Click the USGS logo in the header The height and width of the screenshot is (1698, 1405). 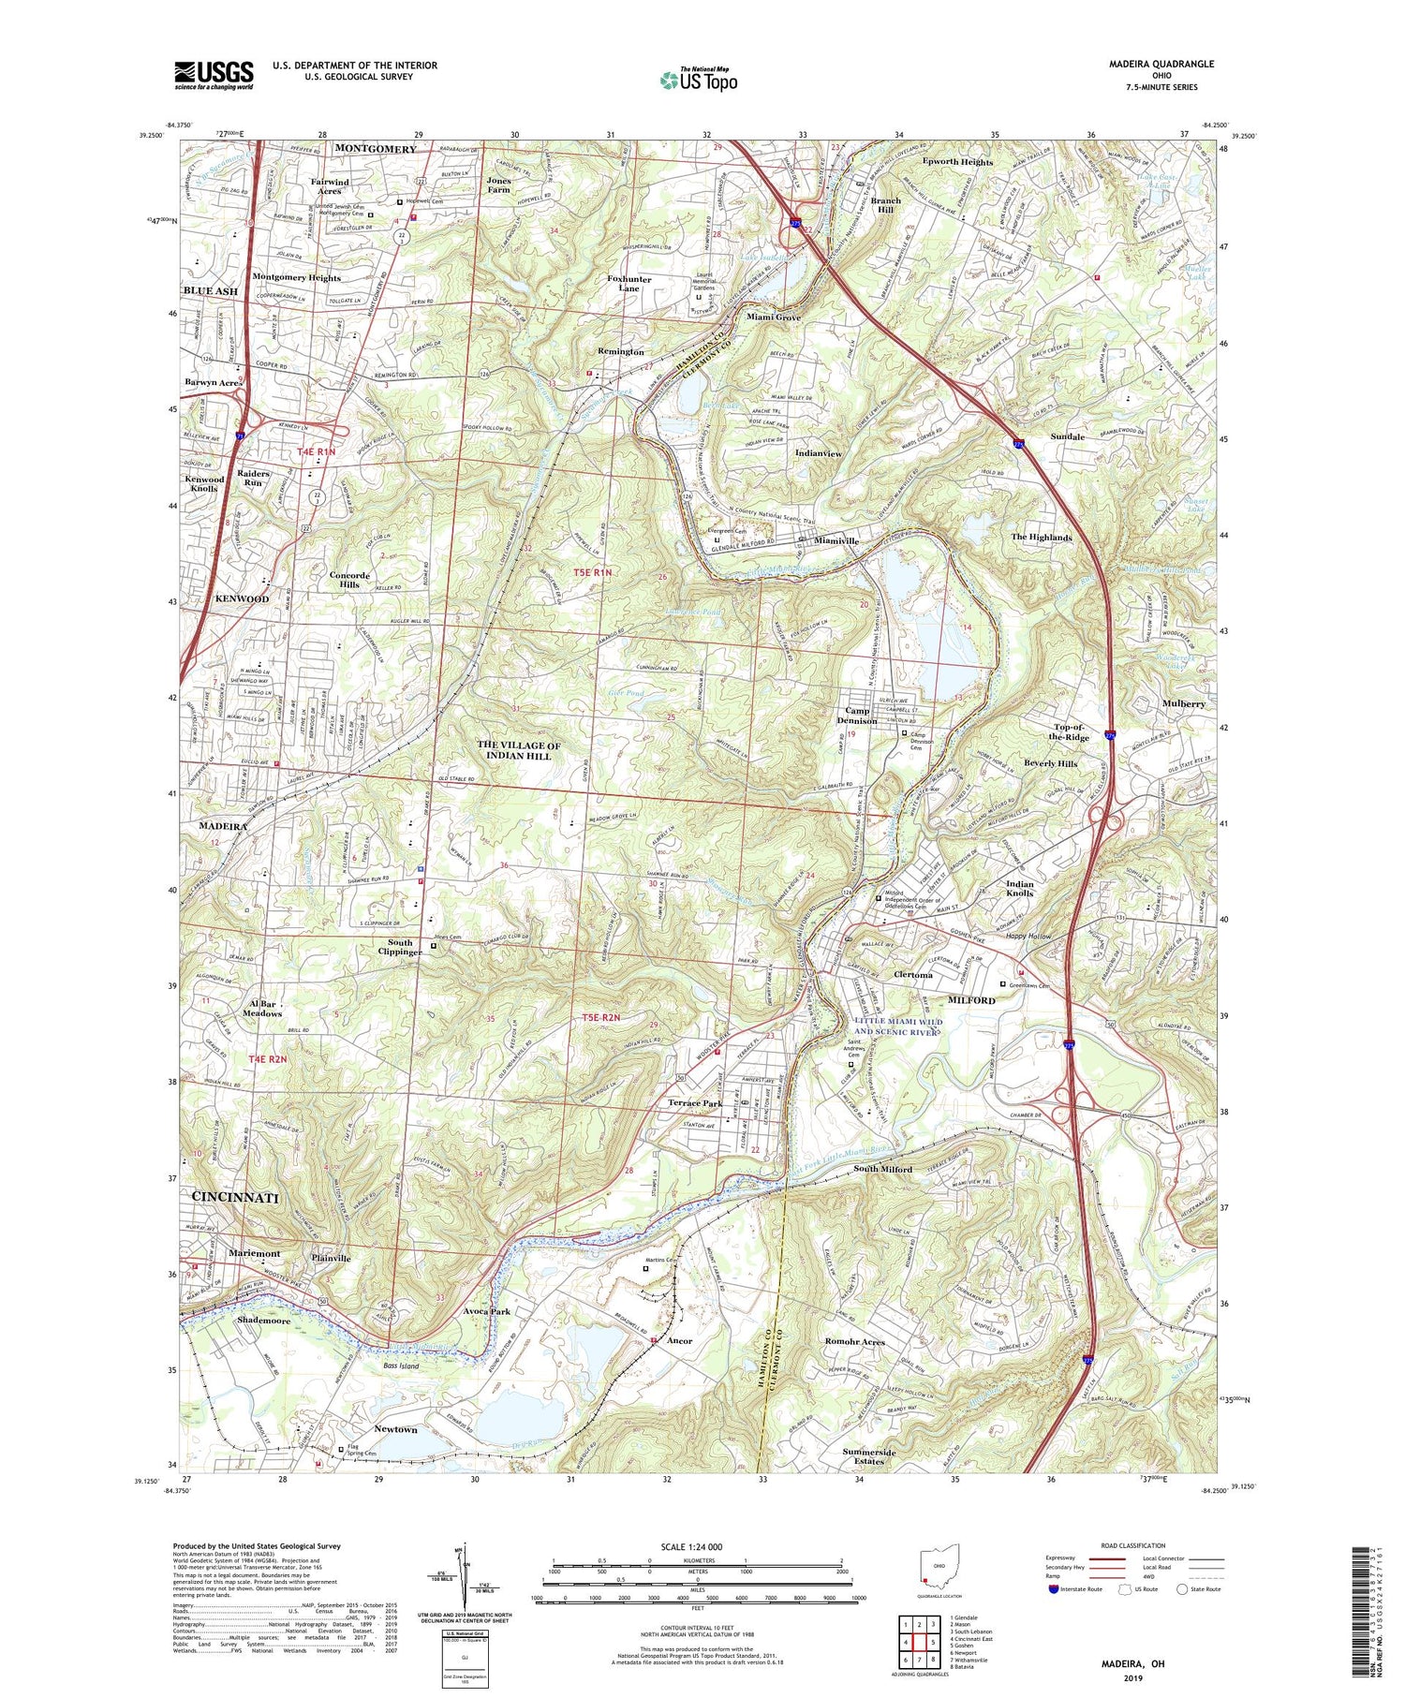click(214, 75)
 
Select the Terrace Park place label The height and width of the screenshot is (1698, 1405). click(700, 1103)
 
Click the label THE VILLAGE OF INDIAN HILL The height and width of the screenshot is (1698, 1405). click(518, 750)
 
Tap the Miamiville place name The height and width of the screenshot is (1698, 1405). click(836, 540)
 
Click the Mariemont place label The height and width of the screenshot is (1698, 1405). click(254, 1253)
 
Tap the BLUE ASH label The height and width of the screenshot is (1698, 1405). click(211, 291)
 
